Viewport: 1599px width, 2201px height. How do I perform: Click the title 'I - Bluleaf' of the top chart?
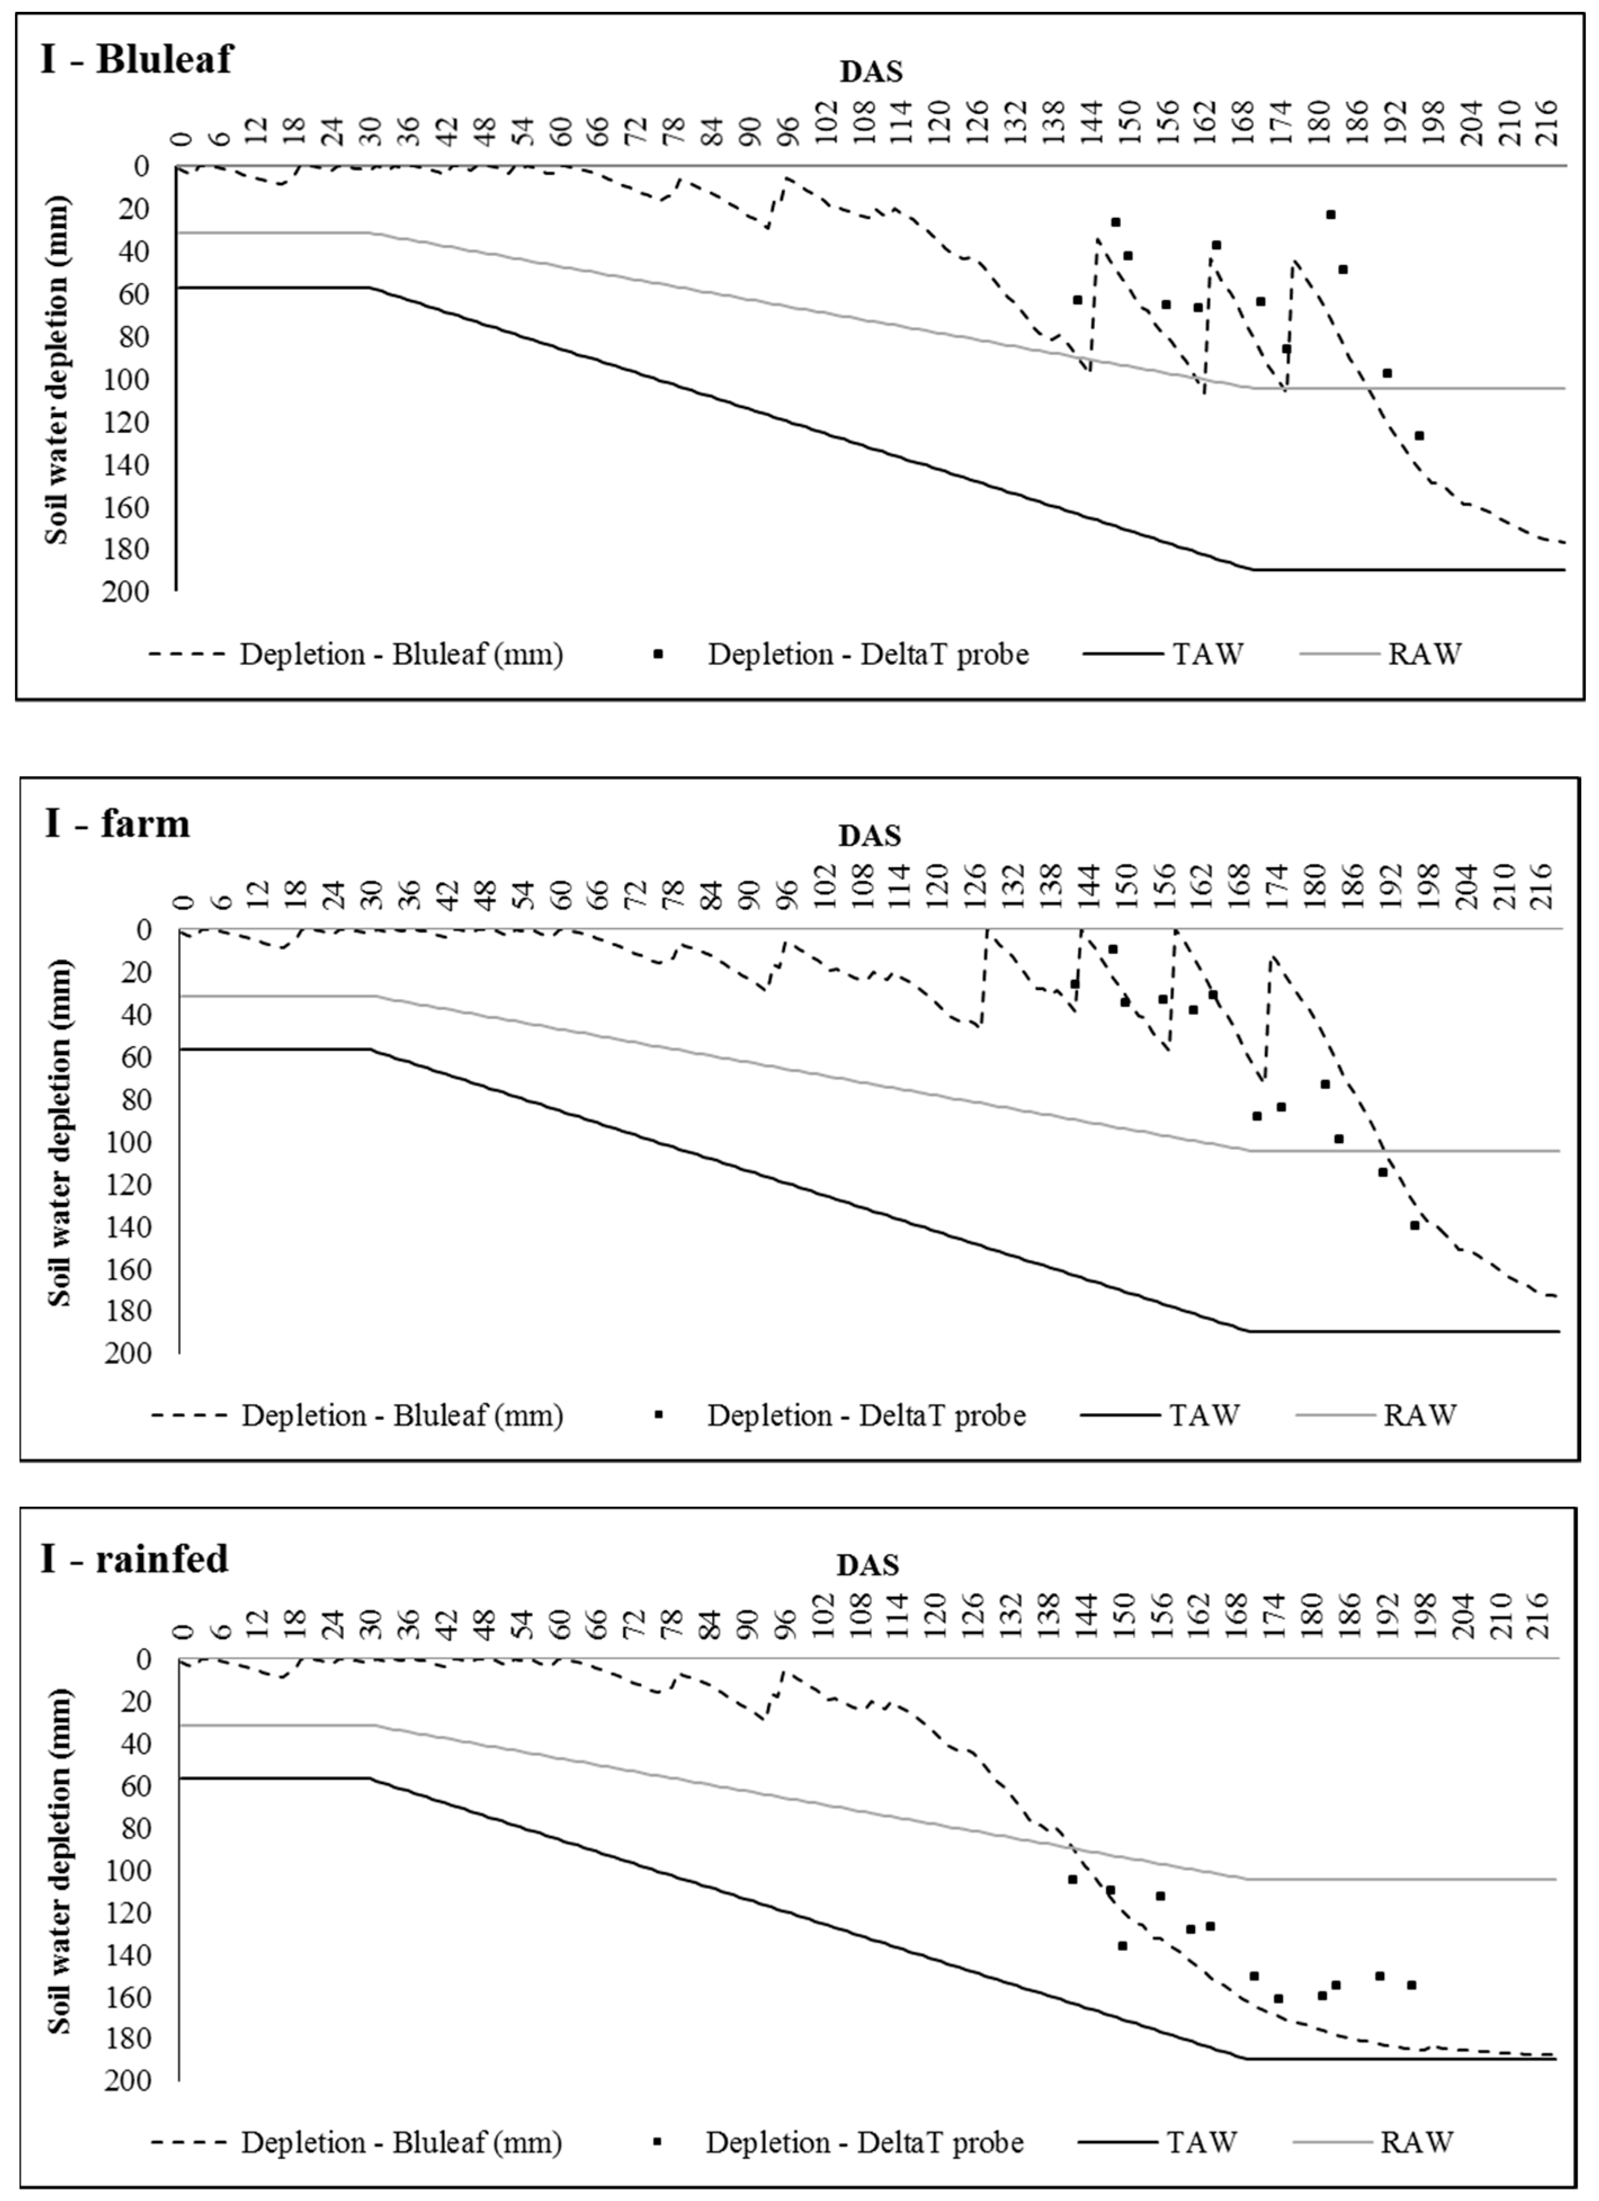pyautogui.click(x=137, y=59)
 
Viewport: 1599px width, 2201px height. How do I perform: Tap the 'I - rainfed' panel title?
pyautogui.click(x=135, y=1558)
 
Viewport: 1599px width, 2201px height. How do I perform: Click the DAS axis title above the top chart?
pyautogui.click(x=870, y=72)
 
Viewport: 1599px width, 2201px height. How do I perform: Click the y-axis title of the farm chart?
pyautogui.click(x=60, y=1132)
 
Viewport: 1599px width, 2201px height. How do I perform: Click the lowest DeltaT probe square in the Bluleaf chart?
pyautogui.click(x=1418, y=436)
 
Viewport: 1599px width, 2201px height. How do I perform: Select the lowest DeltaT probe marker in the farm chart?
pyautogui.click(x=1414, y=1225)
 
